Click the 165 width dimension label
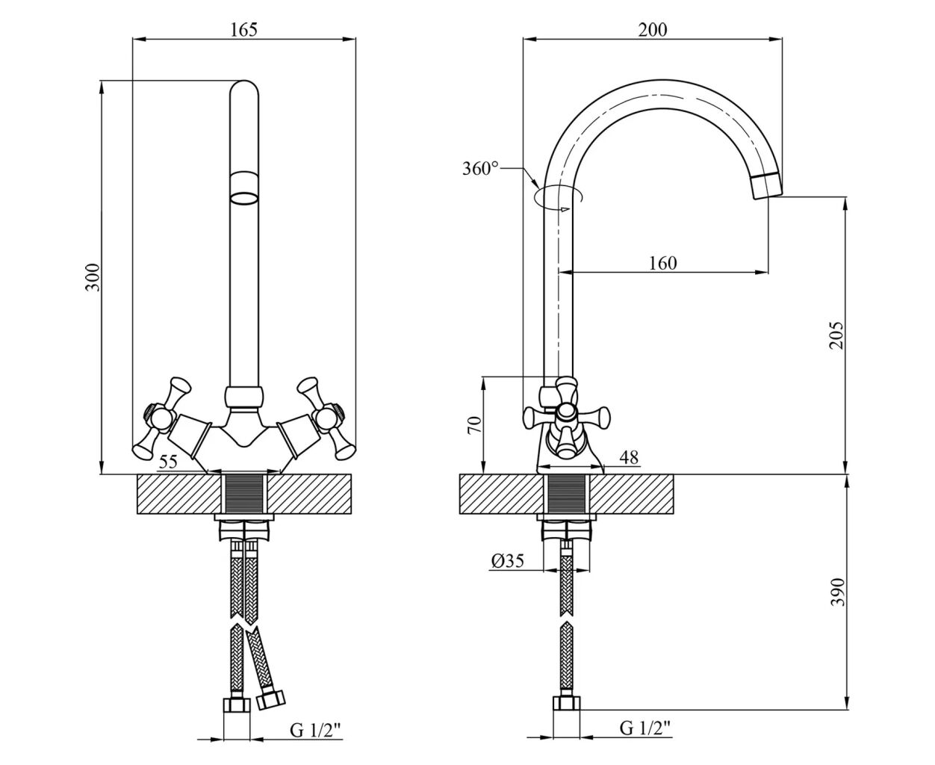click(x=243, y=30)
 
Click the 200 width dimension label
click(x=652, y=30)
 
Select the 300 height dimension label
click(x=93, y=277)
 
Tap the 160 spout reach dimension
click(x=663, y=264)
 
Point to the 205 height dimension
click(x=836, y=335)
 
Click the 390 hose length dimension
click(x=837, y=592)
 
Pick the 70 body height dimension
click(x=474, y=425)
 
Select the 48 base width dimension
click(x=629, y=456)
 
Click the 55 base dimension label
click(x=168, y=462)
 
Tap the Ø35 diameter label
click(x=508, y=561)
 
